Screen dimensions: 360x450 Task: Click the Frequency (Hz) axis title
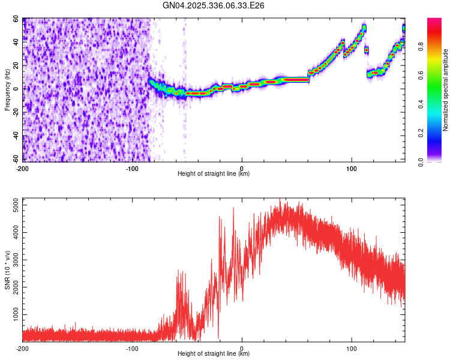click(x=7, y=90)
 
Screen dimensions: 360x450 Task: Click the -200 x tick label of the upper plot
click(x=22, y=169)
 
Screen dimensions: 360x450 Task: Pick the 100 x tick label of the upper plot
click(x=352, y=169)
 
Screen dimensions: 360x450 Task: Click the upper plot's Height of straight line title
click(x=214, y=174)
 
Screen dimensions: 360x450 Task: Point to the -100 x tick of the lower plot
click(x=132, y=348)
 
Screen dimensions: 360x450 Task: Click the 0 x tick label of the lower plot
click(x=242, y=348)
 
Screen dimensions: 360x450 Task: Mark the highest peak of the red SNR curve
click(x=280, y=200)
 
